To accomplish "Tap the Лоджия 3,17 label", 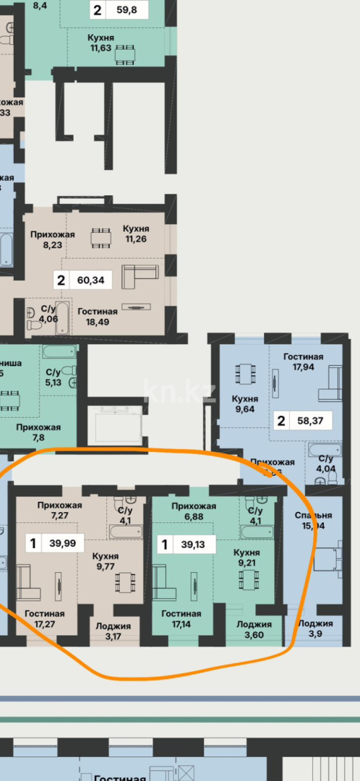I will pyautogui.click(x=113, y=631).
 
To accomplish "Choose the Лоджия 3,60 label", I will pyautogui.click(x=254, y=630).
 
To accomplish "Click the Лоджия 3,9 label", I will pyautogui.click(x=316, y=629).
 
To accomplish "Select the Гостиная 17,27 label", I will pyautogui.click(x=44, y=619).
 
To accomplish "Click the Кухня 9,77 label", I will pyautogui.click(x=105, y=562).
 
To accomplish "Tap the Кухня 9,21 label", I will pyautogui.click(x=247, y=558).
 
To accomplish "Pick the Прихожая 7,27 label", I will pyautogui.click(x=55, y=511).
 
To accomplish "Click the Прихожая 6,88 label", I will pyautogui.click(x=194, y=511).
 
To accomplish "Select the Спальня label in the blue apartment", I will pyautogui.click(x=313, y=521).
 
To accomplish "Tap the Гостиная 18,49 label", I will pyautogui.click(x=98, y=317).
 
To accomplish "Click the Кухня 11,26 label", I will pyautogui.click(x=137, y=234).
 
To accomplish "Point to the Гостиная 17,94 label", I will pyautogui.click(x=303, y=362).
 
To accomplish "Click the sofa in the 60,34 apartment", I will pyautogui.click(x=140, y=276).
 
